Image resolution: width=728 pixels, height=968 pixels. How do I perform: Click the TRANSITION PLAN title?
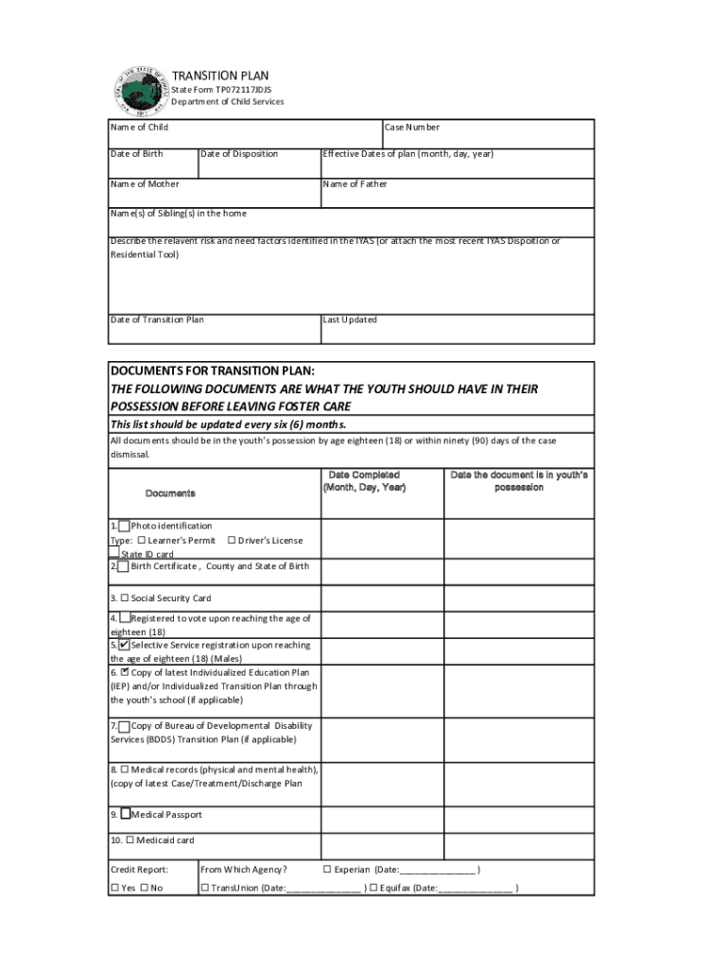[x=219, y=76]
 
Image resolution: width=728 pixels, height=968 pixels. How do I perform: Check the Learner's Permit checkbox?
[x=142, y=541]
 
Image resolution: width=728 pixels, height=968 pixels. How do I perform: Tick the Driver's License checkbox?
[x=232, y=541]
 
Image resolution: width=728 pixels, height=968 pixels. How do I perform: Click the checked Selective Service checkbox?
[x=125, y=645]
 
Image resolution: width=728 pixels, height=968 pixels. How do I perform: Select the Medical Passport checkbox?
[x=125, y=814]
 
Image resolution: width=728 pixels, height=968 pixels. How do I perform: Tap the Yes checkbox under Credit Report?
[x=115, y=889]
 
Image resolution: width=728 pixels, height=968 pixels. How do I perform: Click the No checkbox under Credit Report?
[x=145, y=889]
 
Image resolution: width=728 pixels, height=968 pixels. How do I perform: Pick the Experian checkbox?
[x=327, y=870]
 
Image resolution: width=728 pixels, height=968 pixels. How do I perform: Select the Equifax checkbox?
[x=373, y=889]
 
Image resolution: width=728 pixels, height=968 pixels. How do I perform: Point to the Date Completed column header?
[x=364, y=481]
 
